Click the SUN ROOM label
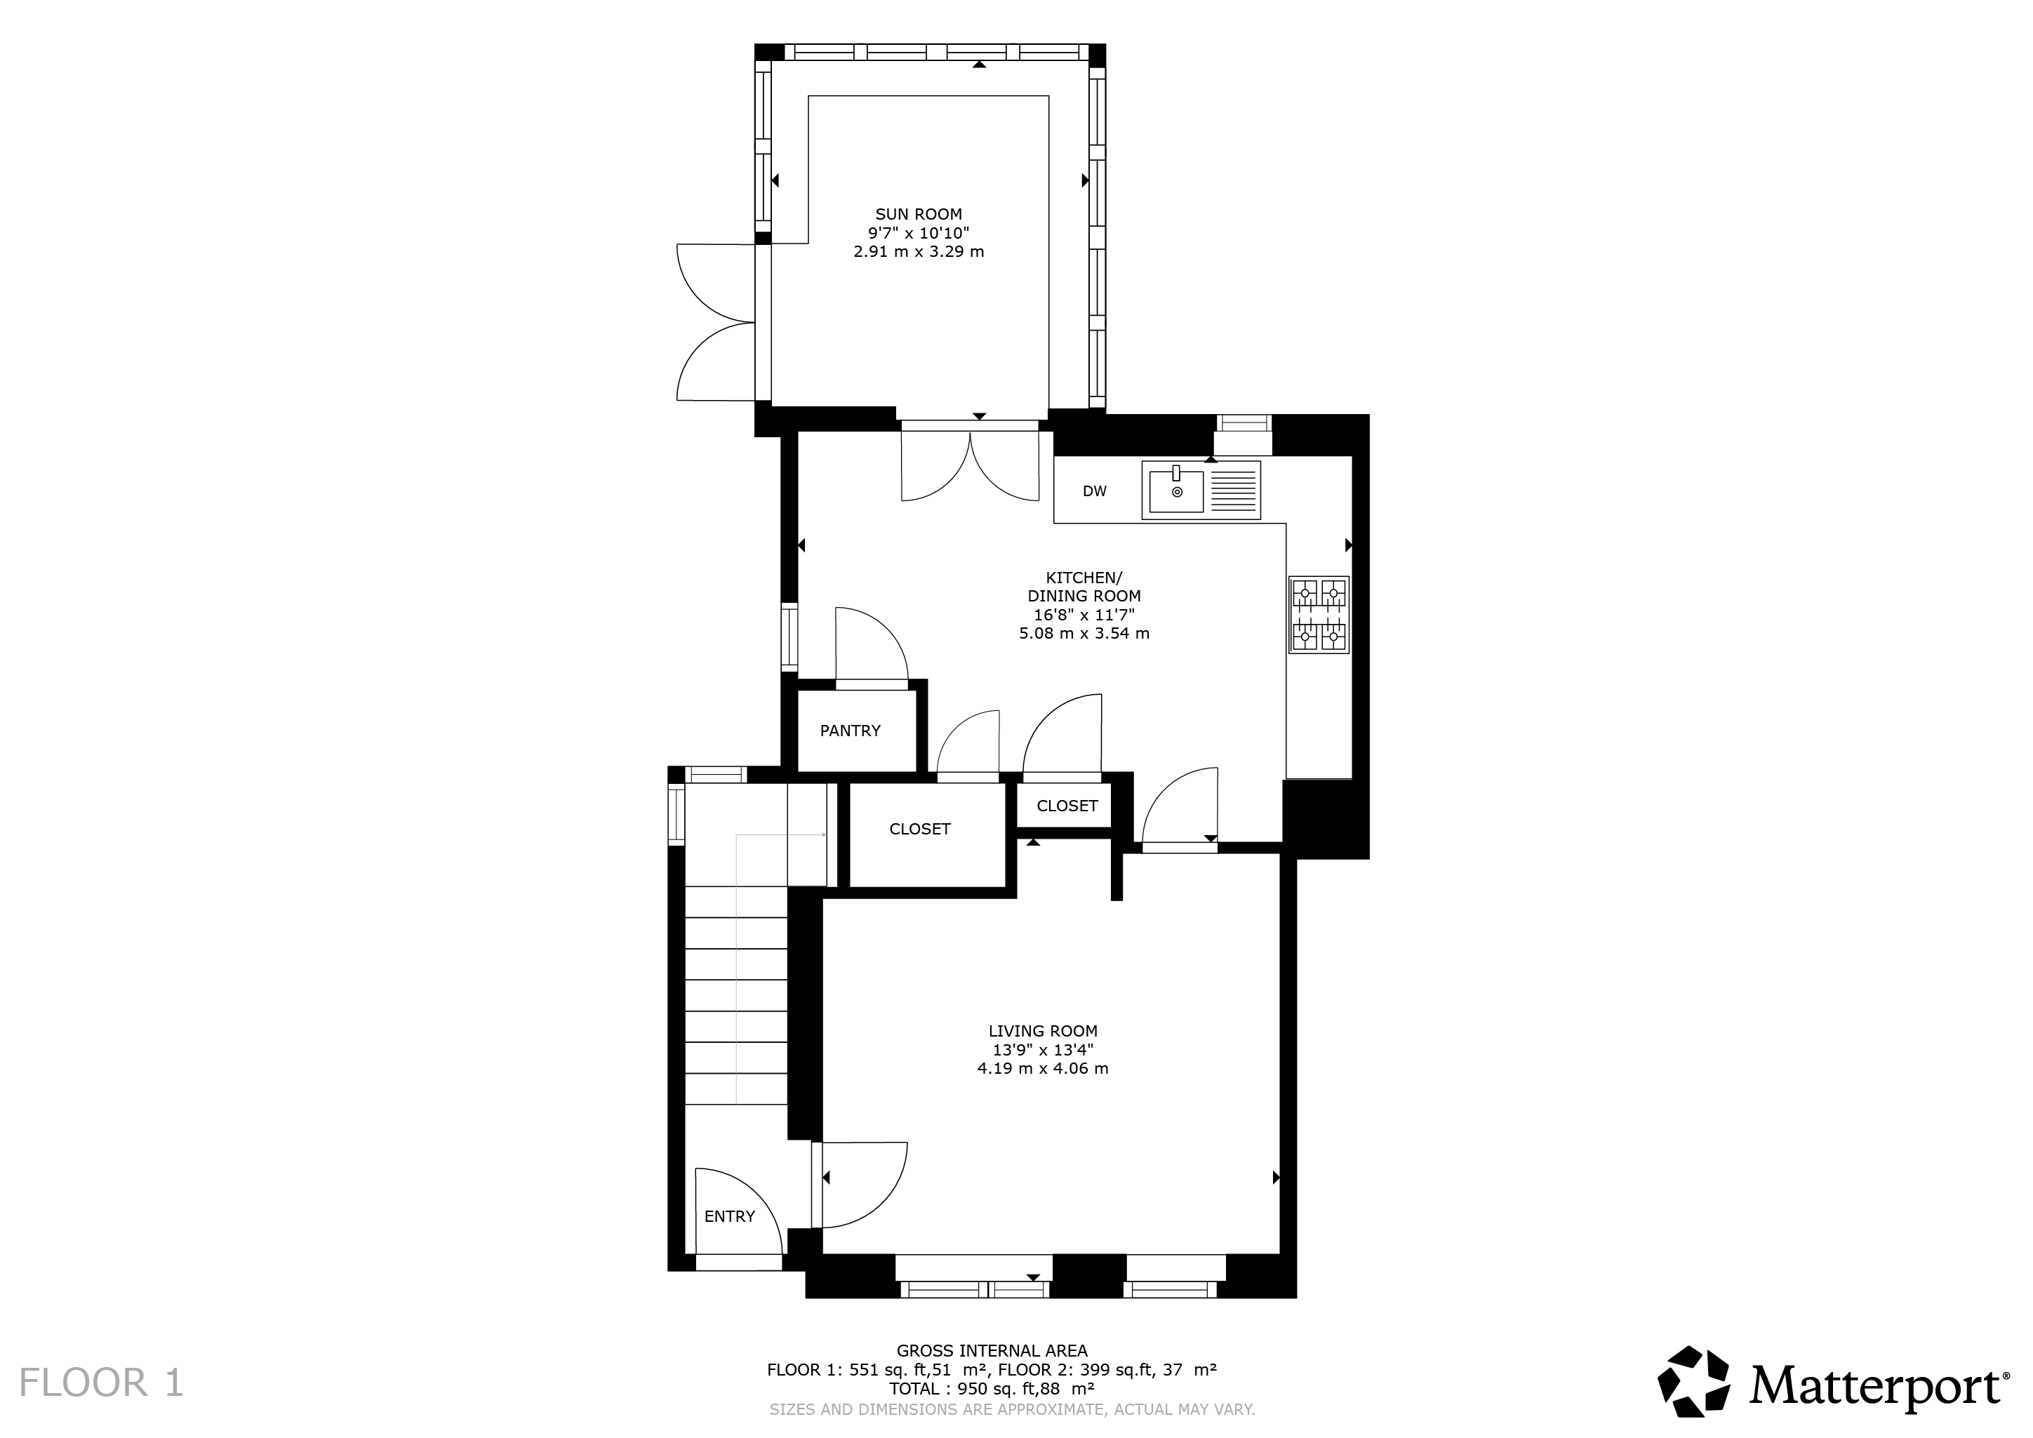(x=918, y=214)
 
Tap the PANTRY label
(x=850, y=731)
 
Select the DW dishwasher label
(x=1095, y=491)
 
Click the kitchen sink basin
(x=1177, y=491)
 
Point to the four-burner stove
(x=1319, y=615)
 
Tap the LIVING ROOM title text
(x=1043, y=1031)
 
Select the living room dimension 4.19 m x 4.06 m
(x=1043, y=1069)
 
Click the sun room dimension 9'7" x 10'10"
(x=918, y=233)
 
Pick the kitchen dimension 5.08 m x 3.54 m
(x=1084, y=633)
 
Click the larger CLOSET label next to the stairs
(x=920, y=829)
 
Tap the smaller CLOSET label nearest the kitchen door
(x=1067, y=806)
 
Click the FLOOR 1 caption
(x=101, y=1383)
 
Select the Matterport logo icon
(x=1694, y=1381)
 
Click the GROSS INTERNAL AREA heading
(x=992, y=1351)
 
